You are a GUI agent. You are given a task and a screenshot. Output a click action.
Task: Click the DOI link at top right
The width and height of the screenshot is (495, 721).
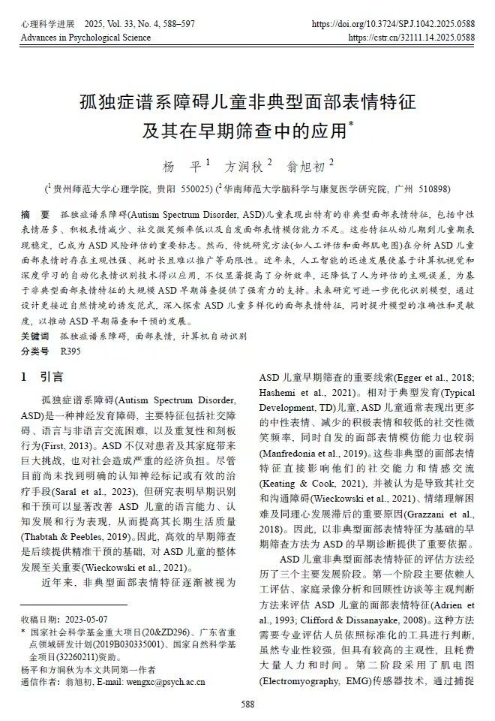click(x=393, y=24)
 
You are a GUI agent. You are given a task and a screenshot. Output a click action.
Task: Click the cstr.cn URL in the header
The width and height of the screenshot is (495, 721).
click(x=412, y=37)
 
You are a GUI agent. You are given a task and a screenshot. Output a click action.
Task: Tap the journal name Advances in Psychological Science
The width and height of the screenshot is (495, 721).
click(x=85, y=37)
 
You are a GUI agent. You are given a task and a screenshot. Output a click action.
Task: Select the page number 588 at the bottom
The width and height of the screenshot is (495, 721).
click(x=247, y=704)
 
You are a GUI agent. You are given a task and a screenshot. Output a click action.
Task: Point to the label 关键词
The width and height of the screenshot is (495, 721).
click(x=35, y=335)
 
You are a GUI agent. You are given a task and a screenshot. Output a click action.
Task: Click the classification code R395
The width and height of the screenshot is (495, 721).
click(x=70, y=350)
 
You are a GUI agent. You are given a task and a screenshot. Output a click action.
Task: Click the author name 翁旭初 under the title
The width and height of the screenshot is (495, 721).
click(x=307, y=164)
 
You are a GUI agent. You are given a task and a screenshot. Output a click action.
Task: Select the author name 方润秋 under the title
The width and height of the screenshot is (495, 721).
click(x=244, y=164)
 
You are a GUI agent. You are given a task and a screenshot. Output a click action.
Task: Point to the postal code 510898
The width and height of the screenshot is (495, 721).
click(x=427, y=189)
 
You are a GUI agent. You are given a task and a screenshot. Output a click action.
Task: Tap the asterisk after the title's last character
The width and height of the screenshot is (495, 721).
click(x=352, y=123)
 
